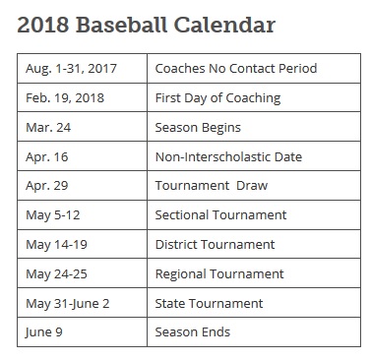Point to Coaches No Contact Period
point(236,68)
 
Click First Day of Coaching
point(217,97)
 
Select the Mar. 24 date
point(49,127)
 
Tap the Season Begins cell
point(198,127)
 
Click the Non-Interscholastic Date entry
point(228,156)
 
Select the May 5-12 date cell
point(55,214)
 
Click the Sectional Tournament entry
point(220,214)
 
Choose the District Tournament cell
point(215,244)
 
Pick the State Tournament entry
point(209,303)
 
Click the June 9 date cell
point(44,332)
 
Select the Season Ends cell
point(194,332)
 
